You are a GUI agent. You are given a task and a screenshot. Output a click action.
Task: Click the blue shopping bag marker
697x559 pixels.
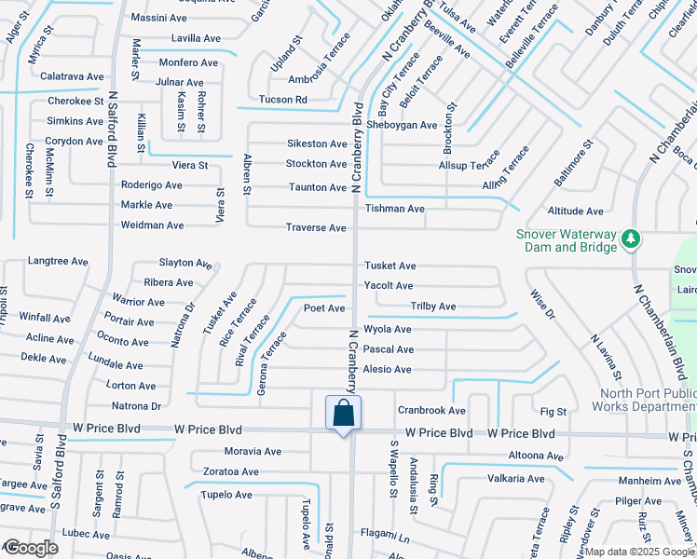click(x=343, y=413)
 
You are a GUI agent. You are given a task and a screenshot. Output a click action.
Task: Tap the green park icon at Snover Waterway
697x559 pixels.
click(x=631, y=239)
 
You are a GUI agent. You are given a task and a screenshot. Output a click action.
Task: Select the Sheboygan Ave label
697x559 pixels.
click(x=402, y=125)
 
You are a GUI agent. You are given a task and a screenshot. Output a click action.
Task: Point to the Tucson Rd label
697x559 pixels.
click(x=283, y=100)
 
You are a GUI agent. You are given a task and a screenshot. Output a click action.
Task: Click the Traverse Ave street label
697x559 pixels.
click(x=316, y=228)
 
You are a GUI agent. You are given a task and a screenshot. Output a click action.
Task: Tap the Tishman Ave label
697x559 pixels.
click(x=395, y=209)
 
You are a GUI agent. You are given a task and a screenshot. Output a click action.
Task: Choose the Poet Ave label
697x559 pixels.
click(x=324, y=308)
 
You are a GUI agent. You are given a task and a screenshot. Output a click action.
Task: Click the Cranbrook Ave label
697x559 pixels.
click(x=431, y=410)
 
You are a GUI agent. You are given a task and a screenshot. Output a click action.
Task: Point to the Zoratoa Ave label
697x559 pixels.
click(x=231, y=471)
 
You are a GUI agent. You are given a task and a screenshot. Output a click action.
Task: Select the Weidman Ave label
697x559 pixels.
click(x=153, y=225)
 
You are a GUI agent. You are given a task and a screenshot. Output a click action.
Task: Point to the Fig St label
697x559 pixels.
click(x=553, y=411)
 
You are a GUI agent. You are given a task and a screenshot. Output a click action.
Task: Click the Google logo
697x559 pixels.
click(x=30, y=549)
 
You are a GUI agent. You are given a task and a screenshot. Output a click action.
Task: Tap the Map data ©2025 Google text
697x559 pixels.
click(x=639, y=552)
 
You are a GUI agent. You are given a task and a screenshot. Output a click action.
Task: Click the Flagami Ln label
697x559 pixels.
click(x=385, y=539)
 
